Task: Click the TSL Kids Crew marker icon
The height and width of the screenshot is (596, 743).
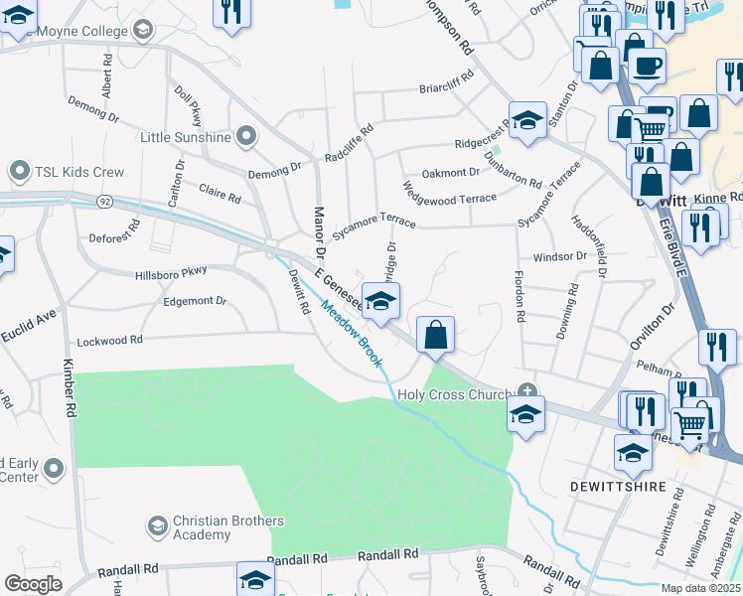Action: coord(18,172)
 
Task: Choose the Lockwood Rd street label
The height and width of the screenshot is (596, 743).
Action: coord(109,340)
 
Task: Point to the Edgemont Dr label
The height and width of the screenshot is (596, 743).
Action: coord(194,301)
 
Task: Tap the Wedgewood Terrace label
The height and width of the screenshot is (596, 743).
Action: coord(449,193)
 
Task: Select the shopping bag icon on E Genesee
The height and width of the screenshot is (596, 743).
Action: coord(436,335)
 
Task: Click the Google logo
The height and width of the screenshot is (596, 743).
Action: coord(33,583)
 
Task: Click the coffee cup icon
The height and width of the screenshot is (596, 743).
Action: coord(648,67)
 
